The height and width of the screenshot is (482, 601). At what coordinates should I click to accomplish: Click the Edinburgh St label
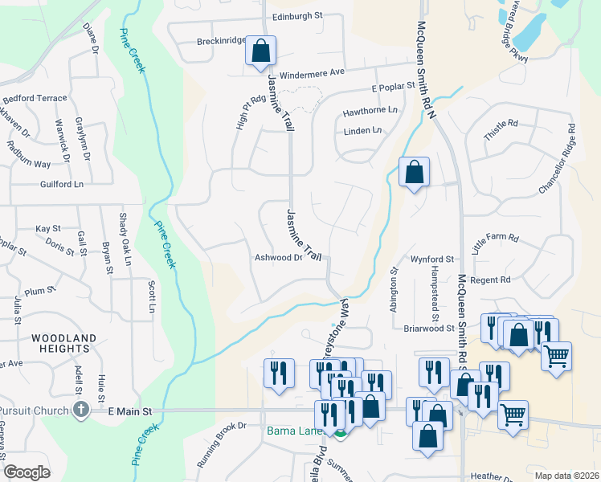coord(296,15)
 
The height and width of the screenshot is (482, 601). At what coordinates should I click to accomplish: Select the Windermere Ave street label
coord(311,71)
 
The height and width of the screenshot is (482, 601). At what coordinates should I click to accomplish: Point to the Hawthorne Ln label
coord(370,110)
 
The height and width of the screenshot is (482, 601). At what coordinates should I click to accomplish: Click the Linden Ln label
coord(362,131)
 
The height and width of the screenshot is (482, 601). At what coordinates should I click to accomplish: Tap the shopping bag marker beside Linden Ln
coord(414,173)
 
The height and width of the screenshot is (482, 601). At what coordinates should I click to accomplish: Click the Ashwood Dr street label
coord(278,258)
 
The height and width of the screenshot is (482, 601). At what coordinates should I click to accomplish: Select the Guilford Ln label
coord(62,184)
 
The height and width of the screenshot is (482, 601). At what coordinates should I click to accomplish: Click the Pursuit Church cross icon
coord(80,411)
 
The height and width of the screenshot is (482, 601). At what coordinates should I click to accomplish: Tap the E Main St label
coord(130,411)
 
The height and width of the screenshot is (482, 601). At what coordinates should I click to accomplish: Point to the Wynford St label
coord(432,259)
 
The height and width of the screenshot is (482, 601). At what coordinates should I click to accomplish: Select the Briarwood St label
coord(428,328)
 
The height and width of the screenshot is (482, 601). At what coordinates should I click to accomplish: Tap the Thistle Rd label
coord(501,132)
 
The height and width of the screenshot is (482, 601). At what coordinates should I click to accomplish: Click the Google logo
coord(27,472)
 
